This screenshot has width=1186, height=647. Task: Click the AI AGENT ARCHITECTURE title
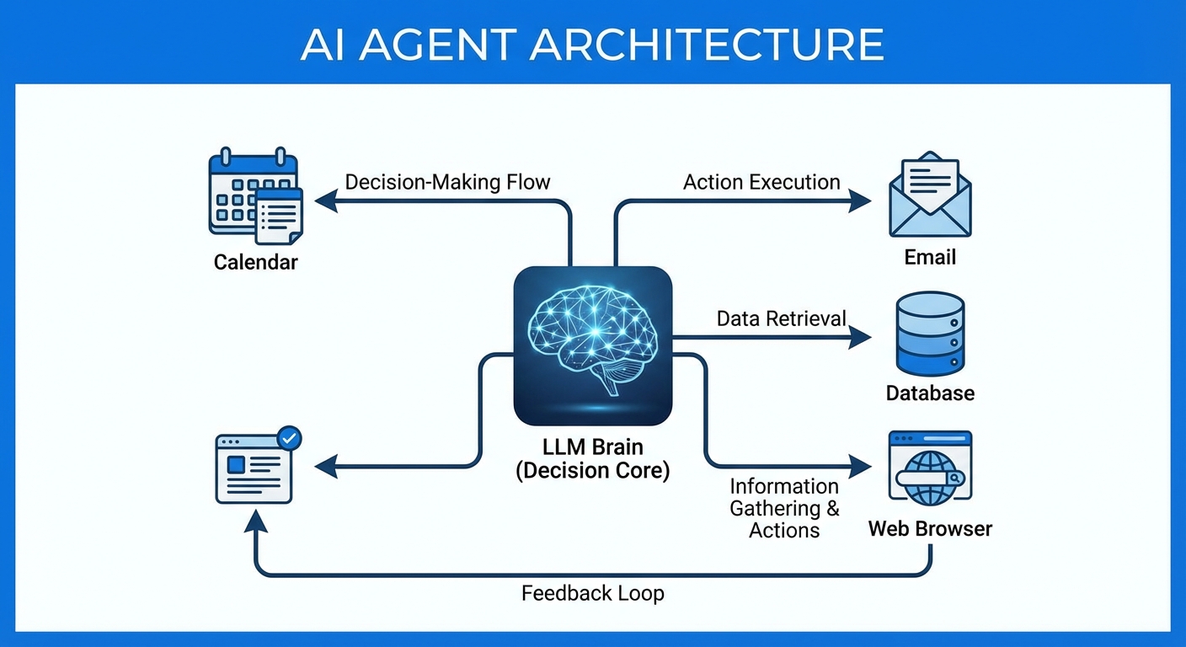(x=592, y=44)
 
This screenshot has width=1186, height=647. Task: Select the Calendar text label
(x=255, y=262)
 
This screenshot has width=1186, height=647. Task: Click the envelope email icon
(x=930, y=195)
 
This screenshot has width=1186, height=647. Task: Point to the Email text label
(x=930, y=257)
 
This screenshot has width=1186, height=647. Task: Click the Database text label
(x=930, y=393)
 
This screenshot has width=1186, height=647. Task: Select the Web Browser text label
(x=930, y=529)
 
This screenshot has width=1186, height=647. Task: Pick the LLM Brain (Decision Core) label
(x=592, y=459)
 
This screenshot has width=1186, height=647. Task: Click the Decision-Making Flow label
(x=447, y=182)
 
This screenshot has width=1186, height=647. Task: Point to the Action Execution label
(x=761, y=182)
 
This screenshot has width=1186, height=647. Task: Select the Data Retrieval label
(x=781, y=318)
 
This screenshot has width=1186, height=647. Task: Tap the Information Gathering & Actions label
(x=784, y=508)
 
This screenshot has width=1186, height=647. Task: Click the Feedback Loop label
(x=592, y=593)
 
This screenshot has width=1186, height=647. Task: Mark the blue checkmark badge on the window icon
(x=289, y=437)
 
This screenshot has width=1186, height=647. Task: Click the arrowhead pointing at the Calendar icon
(x=324, y=201)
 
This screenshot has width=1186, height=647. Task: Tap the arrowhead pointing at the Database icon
(x=861, y=338)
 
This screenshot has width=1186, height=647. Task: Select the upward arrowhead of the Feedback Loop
(x=255, y=522)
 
